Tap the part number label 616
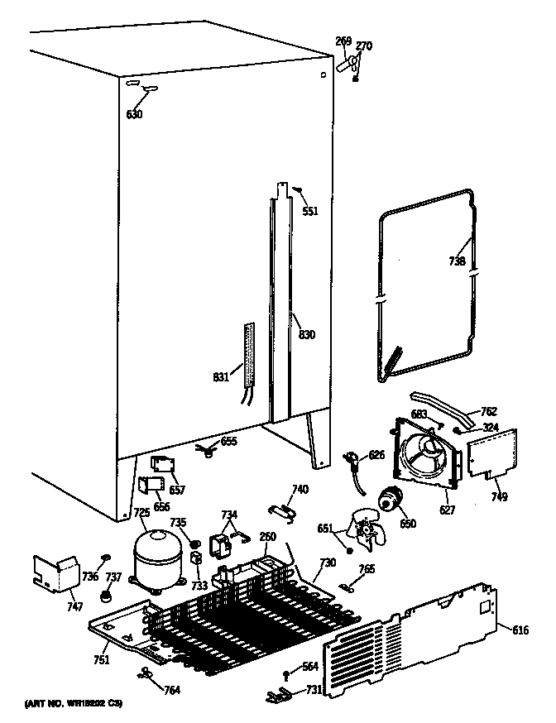coord(520,630)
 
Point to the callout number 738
coord(457,261)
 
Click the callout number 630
coord(134,113)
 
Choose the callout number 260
coord(267,536)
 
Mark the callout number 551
coord(309,211)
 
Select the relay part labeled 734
coord(223,543)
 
